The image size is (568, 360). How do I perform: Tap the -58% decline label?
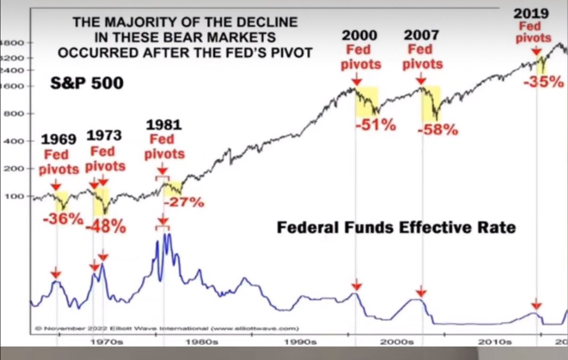[438, 129]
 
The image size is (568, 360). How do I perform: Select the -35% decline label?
[543, 82]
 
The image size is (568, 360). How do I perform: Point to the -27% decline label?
[184, 202]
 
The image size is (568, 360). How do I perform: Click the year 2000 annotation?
[361, 36]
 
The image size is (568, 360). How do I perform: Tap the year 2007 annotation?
[422, 36]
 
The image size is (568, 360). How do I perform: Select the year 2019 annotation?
[532, 12]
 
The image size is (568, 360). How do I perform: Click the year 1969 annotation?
[59, 139]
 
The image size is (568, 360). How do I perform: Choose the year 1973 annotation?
[104, 135]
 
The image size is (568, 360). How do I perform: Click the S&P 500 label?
[87, 84]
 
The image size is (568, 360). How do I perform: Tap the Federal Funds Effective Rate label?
[396, 228]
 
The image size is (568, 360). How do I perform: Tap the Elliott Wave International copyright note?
[166, 327]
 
